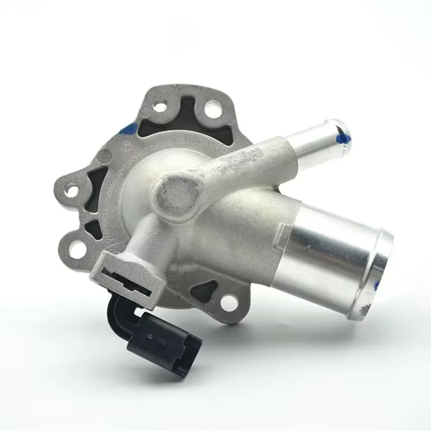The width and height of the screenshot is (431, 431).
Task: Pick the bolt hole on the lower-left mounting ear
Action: (78, 249)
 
